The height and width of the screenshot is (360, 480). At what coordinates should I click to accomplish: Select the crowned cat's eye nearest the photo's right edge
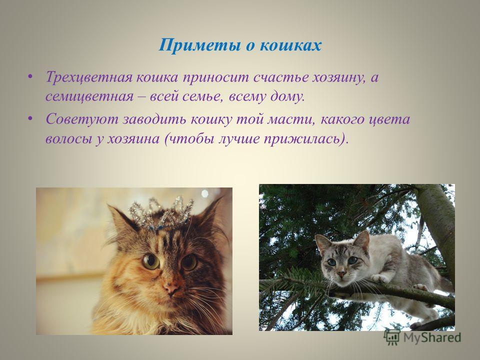pyautogui.click(x=188, y=261)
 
